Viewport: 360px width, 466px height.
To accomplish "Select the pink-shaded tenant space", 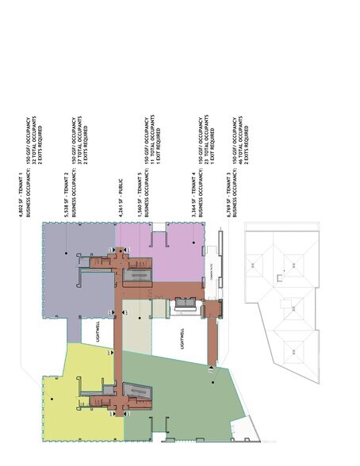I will tap(178, 254).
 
